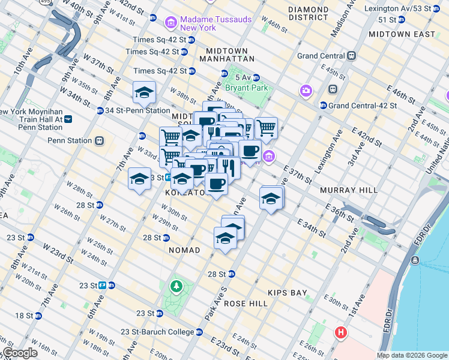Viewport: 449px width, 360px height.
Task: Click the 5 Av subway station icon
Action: (x=256, y=77)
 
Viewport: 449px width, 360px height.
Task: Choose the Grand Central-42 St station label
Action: (x=363, y=106)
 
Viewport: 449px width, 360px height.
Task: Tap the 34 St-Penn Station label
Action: (x=137, y=110)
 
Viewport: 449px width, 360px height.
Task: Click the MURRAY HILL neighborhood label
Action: (x=349, y=190)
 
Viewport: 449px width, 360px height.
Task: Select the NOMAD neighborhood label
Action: (x=184, y=250)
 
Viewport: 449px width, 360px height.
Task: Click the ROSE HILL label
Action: (x=246, y=304)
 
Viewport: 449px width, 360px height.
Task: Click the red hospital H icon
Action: (x=341, y=332)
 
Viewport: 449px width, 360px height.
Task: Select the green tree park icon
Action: (x=176, y=285)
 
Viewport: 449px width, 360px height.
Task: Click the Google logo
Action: (x=20, y=353)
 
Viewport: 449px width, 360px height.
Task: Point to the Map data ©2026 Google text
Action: (x=411, y=355)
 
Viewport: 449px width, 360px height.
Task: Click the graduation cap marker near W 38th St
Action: (x=144, y=94)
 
